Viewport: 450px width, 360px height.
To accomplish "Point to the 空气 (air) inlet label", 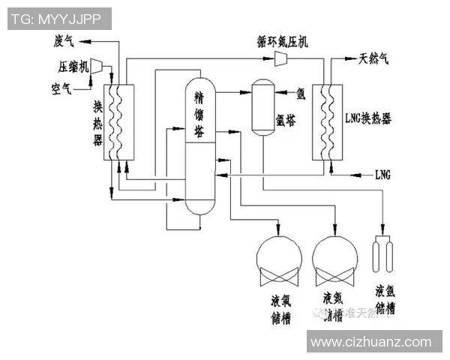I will [x=61, y=89].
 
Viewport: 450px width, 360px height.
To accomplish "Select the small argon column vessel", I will [x=262, y=106].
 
